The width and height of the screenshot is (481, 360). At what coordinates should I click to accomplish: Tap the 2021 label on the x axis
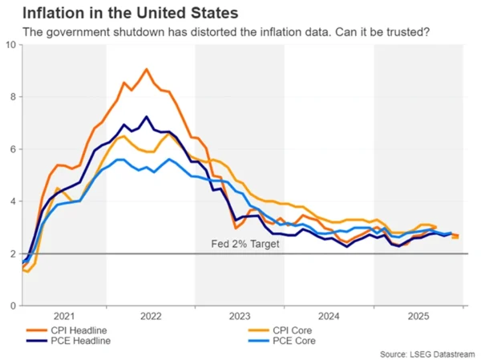(x=63, y=316)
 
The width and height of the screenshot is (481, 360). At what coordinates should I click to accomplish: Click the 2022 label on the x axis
(x=151, y=316)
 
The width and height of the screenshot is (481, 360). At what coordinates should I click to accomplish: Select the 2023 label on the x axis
(x=240, y=316)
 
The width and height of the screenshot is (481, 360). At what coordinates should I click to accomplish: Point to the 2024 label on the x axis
(x=329, y=316)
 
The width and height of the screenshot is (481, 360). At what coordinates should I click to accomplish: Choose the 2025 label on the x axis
(x=418, y=316)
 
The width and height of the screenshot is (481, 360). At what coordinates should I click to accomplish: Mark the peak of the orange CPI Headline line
(x=146, y=69)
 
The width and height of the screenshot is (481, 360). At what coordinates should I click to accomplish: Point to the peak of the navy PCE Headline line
(x=146, y=116)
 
